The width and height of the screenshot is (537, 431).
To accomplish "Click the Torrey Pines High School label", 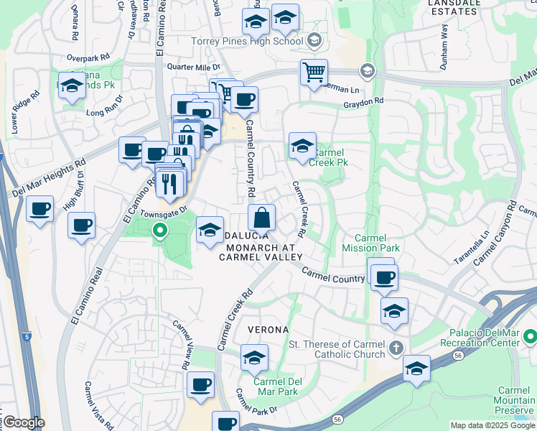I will [x=248, y=41].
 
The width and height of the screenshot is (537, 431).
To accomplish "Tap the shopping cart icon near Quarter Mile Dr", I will [x=314, y=73].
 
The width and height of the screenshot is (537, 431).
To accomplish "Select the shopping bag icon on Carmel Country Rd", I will [x=262, y=217].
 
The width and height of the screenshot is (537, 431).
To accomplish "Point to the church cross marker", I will [x=396, y=350].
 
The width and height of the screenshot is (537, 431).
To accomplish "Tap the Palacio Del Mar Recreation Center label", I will [x=485, y=338].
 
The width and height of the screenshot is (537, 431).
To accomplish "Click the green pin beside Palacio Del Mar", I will [x=530, y=335].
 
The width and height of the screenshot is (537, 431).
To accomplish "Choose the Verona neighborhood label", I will [x=268, y=329].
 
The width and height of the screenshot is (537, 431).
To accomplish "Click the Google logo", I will [x=24, y=422].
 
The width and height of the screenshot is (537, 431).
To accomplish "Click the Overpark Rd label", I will [x=88, y=56].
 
